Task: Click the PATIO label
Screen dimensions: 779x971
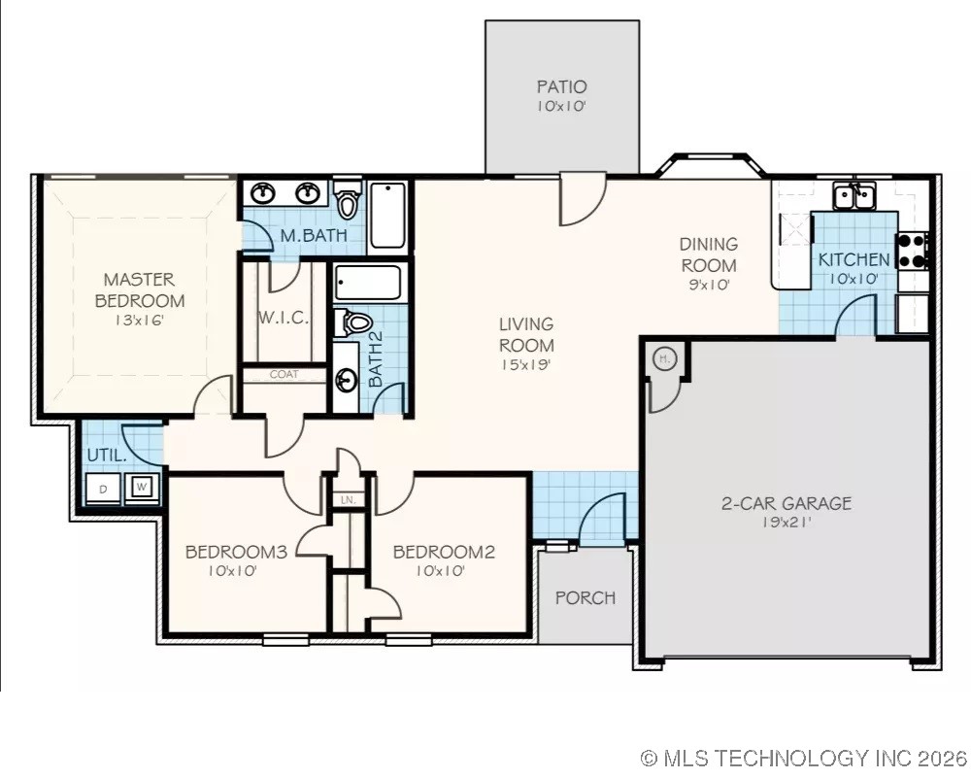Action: [561, 87]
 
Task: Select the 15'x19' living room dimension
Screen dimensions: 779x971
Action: [526, 365]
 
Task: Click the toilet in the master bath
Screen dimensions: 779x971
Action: [348, 201]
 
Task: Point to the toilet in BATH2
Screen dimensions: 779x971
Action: [356, 322]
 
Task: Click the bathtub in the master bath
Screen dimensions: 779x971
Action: [388, 215]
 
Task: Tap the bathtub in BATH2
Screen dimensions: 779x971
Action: [367, 283]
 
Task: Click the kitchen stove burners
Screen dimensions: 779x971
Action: [914, 251]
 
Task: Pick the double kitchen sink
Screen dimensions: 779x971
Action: [855, 197]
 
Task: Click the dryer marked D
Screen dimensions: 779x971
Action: [104, 488]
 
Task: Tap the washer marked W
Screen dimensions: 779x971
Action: [142, 488]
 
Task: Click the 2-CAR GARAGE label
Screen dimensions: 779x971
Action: [786, 503]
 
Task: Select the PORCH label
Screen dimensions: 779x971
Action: [585, 597]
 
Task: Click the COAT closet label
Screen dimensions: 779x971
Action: [284, 374]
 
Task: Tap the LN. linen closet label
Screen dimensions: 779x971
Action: [347, 500]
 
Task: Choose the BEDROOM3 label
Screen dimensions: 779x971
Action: [235, 552]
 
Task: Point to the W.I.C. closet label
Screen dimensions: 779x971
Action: [283, 318]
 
